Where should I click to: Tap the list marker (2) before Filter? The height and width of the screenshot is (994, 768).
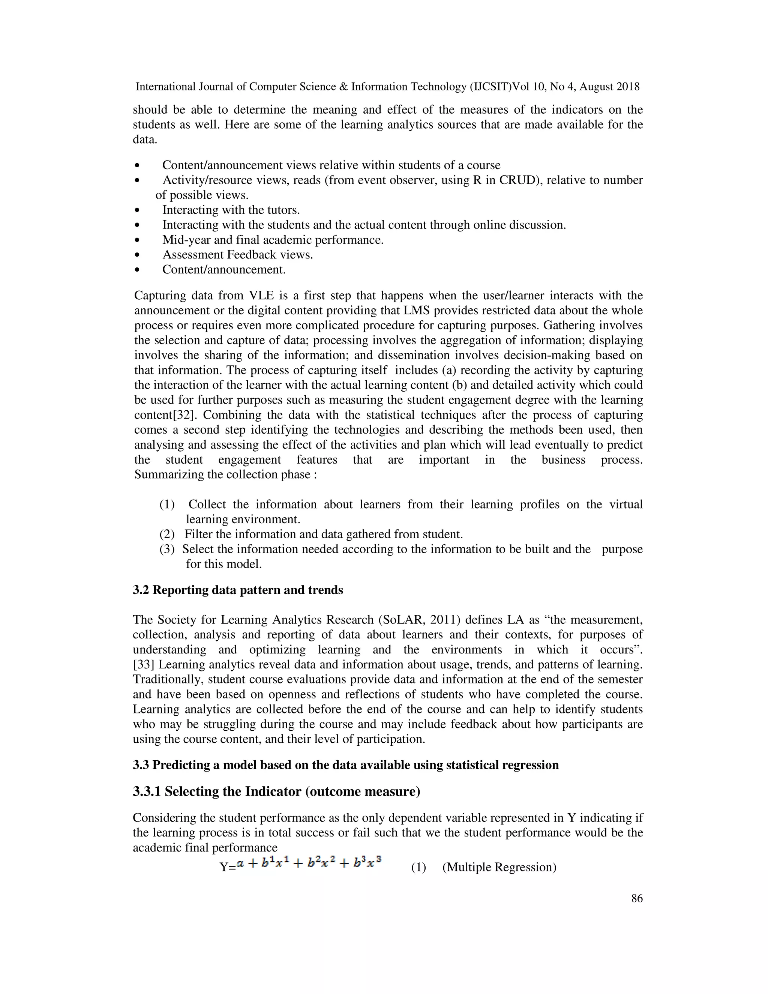166,534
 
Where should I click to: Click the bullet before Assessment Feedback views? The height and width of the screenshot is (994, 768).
137,255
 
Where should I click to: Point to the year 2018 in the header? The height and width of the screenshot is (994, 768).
628,87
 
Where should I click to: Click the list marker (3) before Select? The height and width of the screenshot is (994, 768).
166,550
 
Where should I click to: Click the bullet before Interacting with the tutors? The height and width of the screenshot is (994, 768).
137,210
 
